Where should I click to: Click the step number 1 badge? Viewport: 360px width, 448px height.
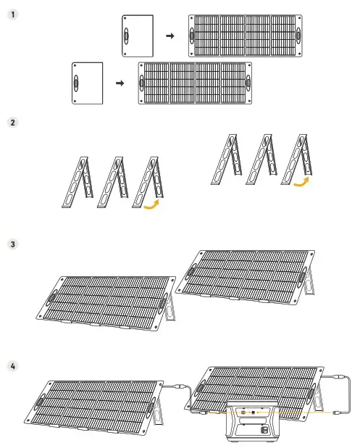[x=12, y=14]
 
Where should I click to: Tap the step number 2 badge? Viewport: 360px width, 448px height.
[x=12, y=123]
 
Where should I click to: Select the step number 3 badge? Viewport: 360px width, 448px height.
[x=12, y=244]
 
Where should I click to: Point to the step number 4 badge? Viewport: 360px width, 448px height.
[x=12, y=366]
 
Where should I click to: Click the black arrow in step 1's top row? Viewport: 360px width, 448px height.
[x=170, y=36]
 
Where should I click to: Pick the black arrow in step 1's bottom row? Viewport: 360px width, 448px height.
[x=120, y=83]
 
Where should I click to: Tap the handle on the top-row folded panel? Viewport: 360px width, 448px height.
[x=126, y=36]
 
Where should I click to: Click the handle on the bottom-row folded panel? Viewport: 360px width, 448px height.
[x=76, y=83]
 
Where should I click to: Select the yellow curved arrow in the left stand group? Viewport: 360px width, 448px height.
[x=151, y=204]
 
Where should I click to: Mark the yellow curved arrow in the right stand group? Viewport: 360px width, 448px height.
[x=301, y=182]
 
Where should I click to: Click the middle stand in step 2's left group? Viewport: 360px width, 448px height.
[x=113, y=182]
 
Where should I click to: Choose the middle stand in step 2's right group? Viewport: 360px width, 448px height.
[x=261, y=159]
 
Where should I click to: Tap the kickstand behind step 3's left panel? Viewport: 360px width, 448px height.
[x=170, y=308]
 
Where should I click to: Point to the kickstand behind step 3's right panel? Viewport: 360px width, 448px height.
[x=309, y=282]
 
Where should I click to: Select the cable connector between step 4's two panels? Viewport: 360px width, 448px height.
[x=180, y=386]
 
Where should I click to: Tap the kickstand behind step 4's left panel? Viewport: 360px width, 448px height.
[x=158, y=411]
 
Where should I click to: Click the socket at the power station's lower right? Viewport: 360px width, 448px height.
[x=265, y=429]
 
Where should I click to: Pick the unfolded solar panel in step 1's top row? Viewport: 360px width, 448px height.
[x=246, y=36]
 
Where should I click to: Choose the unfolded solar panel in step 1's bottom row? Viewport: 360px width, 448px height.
[x=196, y=83]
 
